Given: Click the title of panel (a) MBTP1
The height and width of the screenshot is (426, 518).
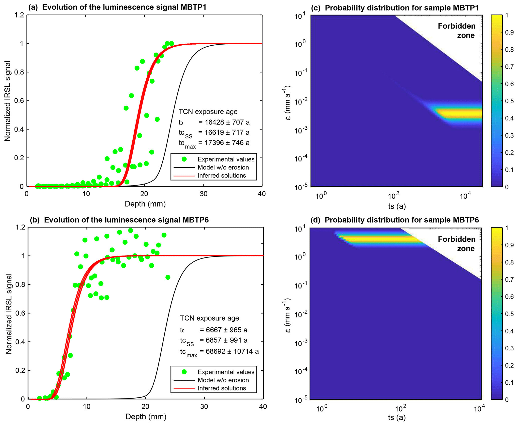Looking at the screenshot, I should pyautogui.click(x=117, y=7).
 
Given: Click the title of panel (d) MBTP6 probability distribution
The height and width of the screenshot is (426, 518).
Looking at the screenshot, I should pyautogui.click(x=395, y=220).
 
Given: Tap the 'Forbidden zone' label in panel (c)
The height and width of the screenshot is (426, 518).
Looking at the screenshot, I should pyautogui.click(x=457, y=31).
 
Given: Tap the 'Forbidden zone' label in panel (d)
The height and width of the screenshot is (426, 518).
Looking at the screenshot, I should pyautogui.click(x=457, y=244).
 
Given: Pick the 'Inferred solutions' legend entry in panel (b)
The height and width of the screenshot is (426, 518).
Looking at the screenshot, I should pyautogui.click(x=222, y=388).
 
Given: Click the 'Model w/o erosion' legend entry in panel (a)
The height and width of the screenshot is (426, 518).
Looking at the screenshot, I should pyautogui.click(x=223, y=167).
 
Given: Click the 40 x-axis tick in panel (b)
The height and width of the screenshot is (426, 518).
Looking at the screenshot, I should pyautogui.click(x=263, y=406).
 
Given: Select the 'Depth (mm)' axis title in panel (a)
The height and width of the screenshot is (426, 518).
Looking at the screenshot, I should pyautogui.click(x=145, y=204).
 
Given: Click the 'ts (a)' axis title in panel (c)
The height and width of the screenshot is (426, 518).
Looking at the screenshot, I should pyautogui.click(x=397, y=206).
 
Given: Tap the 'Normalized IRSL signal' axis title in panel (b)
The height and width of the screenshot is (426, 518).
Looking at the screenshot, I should pyautogui.click(x=9, y=314).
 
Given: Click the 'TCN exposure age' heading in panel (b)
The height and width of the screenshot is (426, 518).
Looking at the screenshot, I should pyautogui.click(x=210, y=318).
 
